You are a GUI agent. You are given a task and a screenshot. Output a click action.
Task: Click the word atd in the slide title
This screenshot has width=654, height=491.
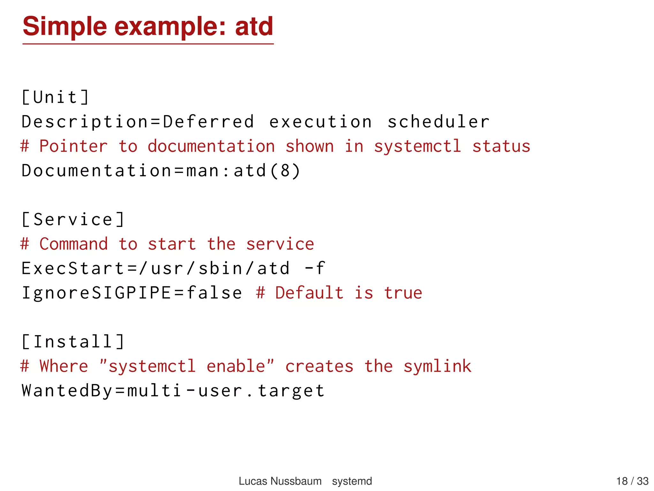point(254,27)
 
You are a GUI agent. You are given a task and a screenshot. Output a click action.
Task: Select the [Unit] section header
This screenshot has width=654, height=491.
point(55,97)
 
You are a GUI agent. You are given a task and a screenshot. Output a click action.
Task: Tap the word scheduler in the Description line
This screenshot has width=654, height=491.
point(438,122)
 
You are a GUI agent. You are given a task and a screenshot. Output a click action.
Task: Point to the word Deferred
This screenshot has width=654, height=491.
point(209,122)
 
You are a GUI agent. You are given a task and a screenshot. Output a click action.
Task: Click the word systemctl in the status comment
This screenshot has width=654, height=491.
point(417,146)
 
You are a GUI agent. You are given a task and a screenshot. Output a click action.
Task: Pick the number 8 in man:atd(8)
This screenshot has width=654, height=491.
point(285,171)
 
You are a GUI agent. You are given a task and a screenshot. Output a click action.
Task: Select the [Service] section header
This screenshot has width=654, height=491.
point(73,220)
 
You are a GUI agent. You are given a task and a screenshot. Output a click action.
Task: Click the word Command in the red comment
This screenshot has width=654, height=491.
point(73,244)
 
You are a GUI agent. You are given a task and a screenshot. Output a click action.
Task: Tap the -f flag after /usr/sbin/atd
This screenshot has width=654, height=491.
point(314,268)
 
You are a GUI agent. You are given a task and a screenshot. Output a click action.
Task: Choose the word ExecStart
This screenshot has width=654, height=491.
point(73,268)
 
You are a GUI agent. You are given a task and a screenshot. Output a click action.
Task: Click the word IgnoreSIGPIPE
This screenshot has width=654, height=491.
point(96,293)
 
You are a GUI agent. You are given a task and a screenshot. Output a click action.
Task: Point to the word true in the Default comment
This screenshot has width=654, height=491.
point(403,293)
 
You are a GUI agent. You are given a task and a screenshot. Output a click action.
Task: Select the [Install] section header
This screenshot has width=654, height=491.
point(73,342)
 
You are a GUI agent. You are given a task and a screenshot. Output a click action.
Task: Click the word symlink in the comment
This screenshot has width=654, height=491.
point(437,366)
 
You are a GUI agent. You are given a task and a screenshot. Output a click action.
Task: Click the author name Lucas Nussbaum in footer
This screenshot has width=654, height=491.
point(280,481)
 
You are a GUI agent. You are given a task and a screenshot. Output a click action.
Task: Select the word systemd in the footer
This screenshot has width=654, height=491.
point(352,481)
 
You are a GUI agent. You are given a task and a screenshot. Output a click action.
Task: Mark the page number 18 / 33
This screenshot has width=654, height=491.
point(632,481)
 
